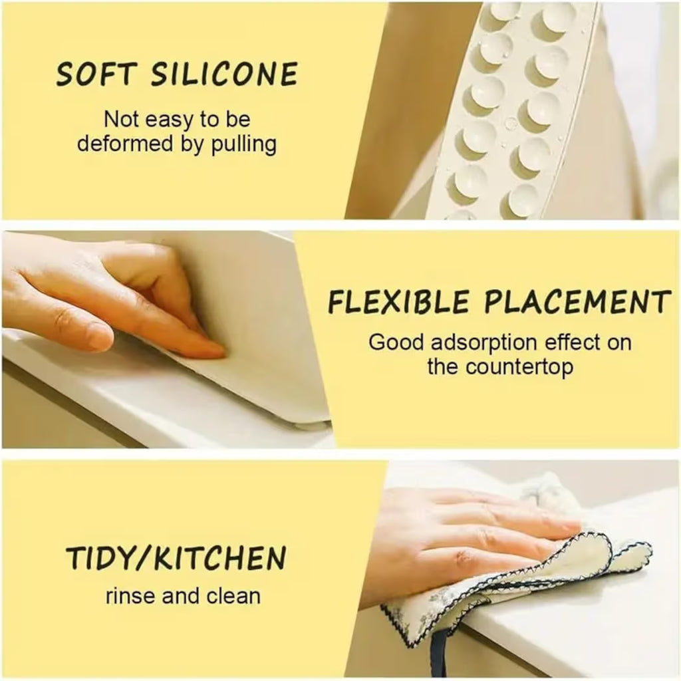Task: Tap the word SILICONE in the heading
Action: [x=224, y=74]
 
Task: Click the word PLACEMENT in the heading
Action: [x=575, y=303]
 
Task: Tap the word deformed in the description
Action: [x=118, y=144]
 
